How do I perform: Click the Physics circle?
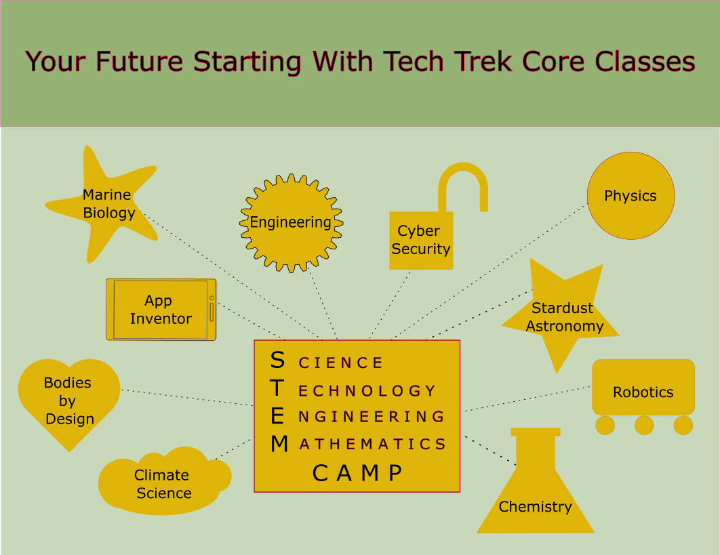coord(631,196)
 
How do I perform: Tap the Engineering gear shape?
coord(291,223)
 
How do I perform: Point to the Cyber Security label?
coord(420,240)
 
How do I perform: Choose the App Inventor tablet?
coord(161,310)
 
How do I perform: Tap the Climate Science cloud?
coord(164,480)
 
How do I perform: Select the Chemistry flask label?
coord(536,507)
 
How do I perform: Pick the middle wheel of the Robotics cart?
coord(644,426)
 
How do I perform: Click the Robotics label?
coord(643,392)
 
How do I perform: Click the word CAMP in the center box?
coord(358,473)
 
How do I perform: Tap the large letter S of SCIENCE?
coord(277,360)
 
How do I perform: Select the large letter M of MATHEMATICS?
coord(279,444)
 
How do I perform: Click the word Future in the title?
coord(140,62)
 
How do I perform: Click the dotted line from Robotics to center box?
coord(527,399)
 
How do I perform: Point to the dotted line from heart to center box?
coord(187,398)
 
